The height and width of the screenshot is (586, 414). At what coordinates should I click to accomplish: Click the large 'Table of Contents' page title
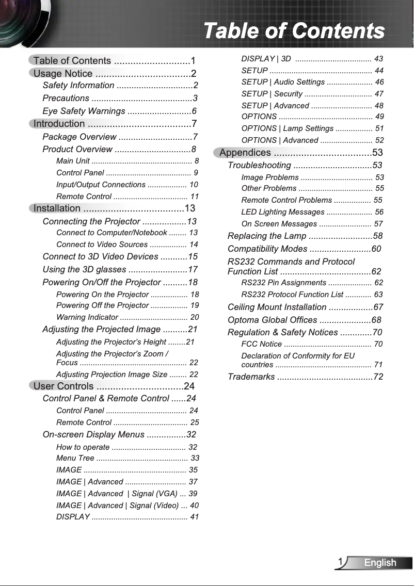[294, 30]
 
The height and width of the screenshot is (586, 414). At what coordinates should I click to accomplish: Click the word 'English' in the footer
[380, 562]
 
